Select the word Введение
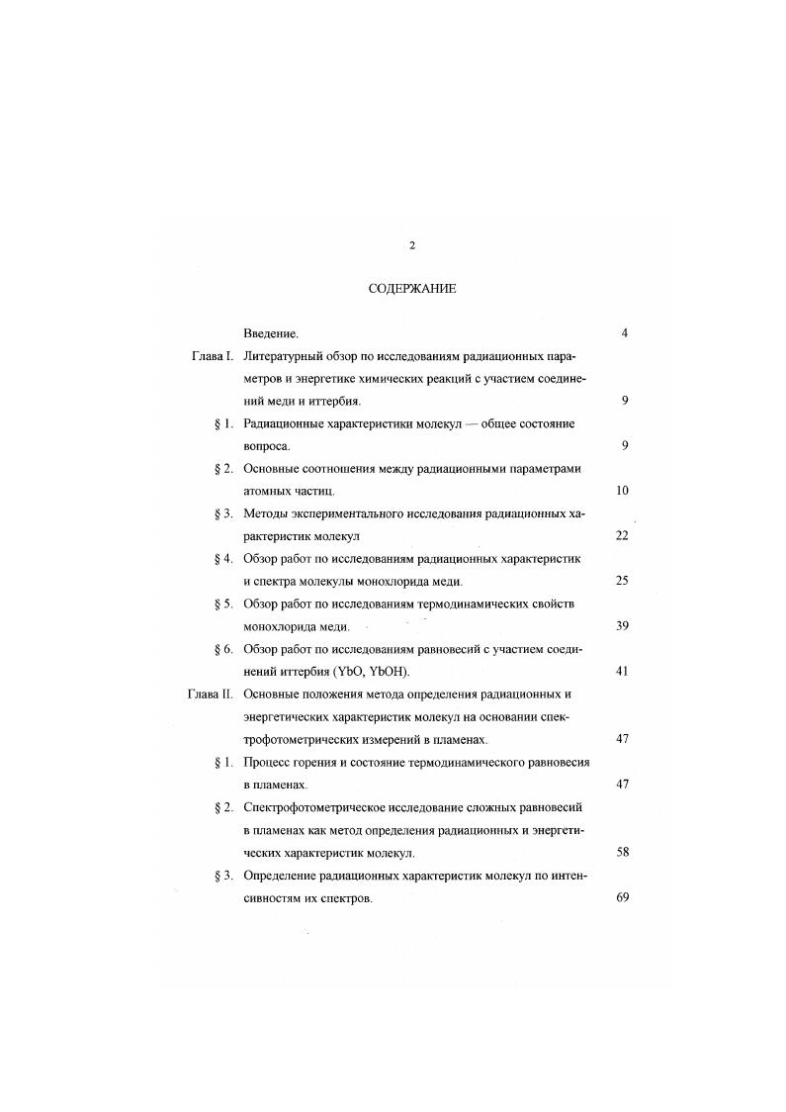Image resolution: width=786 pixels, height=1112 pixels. pos(271,333)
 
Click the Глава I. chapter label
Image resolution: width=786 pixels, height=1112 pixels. pos(212,355)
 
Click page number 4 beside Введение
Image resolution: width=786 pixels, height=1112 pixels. pos(625,333)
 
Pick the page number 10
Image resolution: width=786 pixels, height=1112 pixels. pos(622,491)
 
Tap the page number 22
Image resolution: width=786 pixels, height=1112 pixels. pos(622,535)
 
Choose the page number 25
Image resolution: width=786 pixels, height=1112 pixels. pos(622,581)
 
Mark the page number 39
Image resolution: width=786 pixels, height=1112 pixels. pos(622,625)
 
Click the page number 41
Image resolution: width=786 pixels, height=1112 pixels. pos(622,671)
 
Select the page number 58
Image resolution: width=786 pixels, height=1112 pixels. pos(622,852)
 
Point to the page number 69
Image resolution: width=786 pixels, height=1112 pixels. pos(622,897)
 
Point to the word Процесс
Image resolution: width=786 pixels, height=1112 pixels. pos(269,762)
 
